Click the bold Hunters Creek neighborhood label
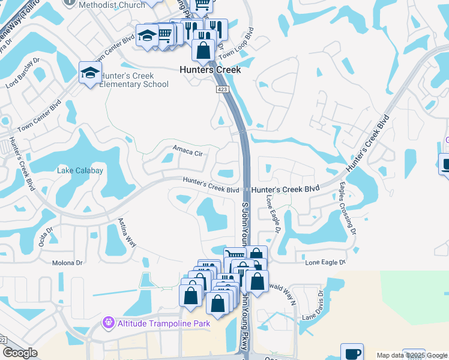pos(210,70)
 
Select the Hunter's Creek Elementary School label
pos(134,80)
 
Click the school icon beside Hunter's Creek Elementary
pos(90,73)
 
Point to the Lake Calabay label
pos(80,171)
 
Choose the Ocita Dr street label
pos(45,231)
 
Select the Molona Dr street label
pos(67,263)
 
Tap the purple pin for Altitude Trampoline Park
pos(108,323)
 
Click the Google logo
pos(20,353)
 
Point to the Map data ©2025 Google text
pos(412,355)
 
